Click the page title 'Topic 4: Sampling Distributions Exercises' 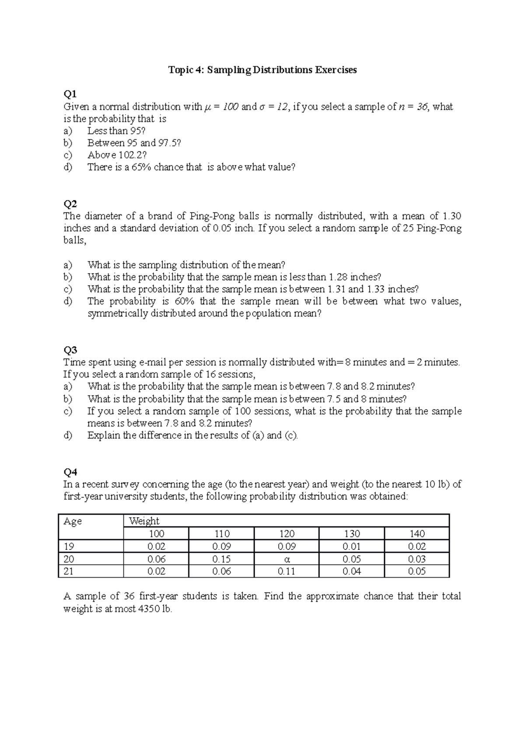262,70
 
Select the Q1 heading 70,94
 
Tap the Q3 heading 70,350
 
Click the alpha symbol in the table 287,559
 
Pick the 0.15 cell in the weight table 221,559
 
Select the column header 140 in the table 417,534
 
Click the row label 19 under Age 69,547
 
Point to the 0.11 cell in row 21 287,571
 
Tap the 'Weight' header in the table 144,521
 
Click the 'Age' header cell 73,521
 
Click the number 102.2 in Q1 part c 130,155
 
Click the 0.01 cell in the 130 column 352,547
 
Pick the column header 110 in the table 221,534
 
